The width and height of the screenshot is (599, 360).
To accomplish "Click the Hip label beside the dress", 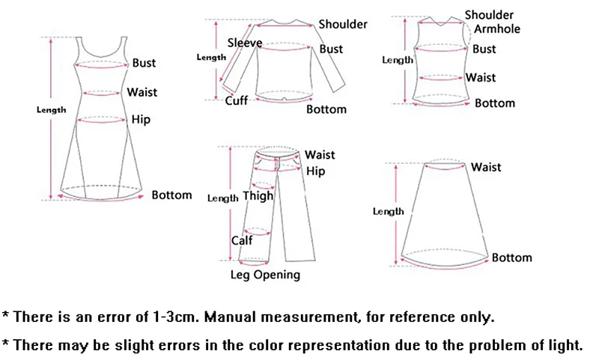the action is [141, 119].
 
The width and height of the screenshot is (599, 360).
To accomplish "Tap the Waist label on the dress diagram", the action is [142, 92].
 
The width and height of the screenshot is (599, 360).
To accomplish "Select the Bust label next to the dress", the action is [145, 64].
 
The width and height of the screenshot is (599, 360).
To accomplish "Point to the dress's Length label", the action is [52, 110].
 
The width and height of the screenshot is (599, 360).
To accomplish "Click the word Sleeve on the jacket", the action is [245, 43].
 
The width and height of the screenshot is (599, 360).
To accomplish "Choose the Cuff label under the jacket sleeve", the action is [237, 100].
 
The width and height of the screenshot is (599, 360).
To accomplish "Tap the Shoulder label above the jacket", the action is [343, 24].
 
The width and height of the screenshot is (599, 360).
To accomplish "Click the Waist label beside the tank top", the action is [481, 77].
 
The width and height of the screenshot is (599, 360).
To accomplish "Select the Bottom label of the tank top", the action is [495, 103].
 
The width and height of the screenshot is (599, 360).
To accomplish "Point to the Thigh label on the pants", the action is [258, 197].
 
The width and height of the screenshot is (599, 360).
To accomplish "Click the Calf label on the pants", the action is [241, 240].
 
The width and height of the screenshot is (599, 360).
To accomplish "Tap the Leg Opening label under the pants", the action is [264, 275].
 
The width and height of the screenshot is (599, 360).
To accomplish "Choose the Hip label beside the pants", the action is [316, 171].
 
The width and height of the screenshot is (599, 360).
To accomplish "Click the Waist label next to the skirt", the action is [486, 167].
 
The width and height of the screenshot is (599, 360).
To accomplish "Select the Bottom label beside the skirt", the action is [511, 257].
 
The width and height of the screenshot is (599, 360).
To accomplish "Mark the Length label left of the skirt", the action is [389, 212].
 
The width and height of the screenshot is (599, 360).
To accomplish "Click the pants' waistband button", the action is [279, 158].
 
